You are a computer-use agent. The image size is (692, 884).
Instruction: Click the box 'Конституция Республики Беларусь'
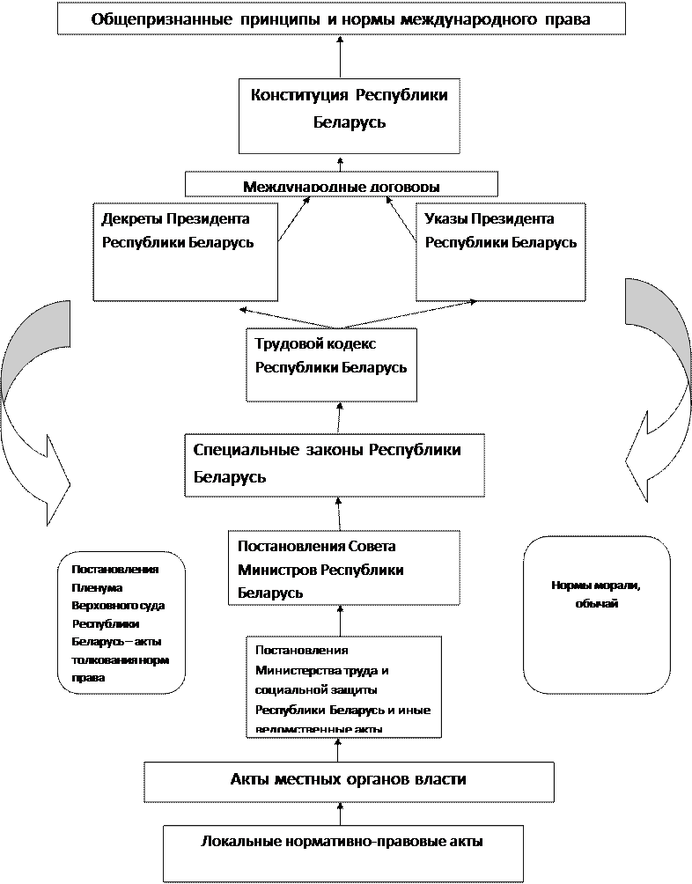[x=350, y=114]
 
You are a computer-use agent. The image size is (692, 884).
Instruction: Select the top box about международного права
[x=342, y=18]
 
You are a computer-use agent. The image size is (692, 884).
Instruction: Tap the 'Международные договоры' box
[x=342, y=185]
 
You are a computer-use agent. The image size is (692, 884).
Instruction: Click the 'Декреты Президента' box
[x=185, y=252]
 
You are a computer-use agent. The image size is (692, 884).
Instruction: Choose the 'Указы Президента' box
[x=500, y=252]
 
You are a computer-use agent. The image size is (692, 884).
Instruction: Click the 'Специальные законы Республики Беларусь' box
[x=335, y=464]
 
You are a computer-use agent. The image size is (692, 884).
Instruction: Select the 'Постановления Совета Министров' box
[x=344, y=568]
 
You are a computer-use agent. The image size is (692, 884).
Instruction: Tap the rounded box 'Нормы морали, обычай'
[x=596, y=615]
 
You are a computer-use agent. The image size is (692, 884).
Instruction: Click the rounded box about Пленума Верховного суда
[x=121, y=618]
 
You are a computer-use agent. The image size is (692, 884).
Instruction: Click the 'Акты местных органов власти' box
[x=349, y=781]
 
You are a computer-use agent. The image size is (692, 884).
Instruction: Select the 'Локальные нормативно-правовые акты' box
[x=342, y=851]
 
